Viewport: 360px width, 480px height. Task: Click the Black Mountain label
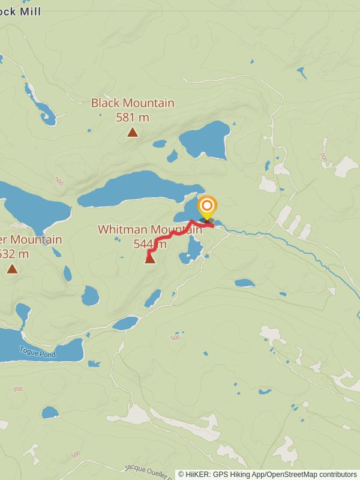tap(133, 103)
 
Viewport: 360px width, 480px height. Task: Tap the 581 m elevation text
tap(133, 117)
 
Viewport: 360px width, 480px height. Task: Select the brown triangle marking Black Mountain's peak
tap(132, 132)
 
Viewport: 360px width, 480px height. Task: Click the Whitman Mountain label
tap(150, 230)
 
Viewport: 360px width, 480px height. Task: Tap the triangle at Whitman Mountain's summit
tap(150, 259)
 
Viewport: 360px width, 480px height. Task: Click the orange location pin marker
tap(207, 208)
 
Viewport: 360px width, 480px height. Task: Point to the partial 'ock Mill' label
tap(21, 11)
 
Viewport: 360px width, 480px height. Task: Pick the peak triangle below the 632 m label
tap(12, 269)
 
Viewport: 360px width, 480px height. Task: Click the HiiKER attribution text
tap(267, 474)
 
